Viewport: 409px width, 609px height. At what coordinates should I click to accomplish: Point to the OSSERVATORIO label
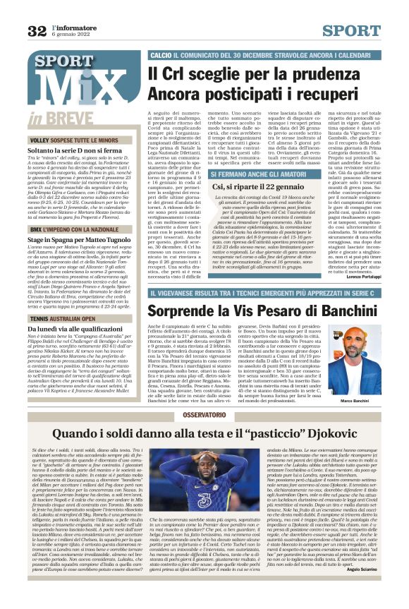point(204,416)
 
